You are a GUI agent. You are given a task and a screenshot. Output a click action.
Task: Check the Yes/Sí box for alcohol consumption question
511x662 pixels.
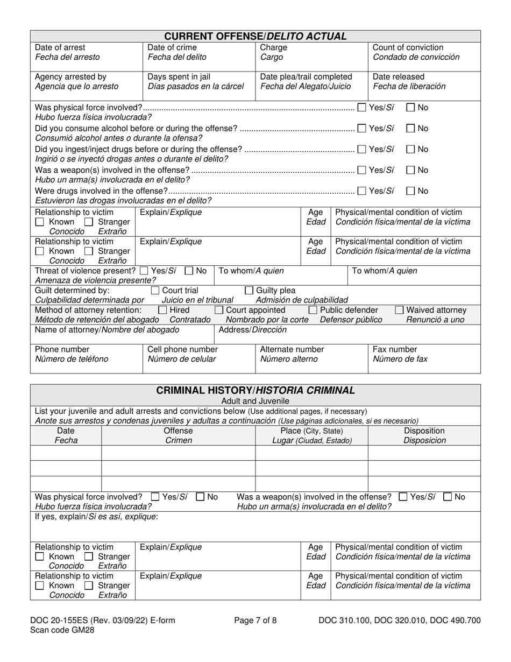click(x=362, y=129)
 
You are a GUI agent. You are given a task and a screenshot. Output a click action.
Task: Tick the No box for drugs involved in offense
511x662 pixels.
click(x=410, y=191)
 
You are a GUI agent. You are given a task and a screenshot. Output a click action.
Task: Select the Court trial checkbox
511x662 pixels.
click(x=155, y=291)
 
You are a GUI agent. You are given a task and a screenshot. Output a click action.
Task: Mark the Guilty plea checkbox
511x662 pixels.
click(x=249, y=291)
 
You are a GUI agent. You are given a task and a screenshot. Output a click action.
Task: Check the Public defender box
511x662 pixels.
click(x=313, y=310)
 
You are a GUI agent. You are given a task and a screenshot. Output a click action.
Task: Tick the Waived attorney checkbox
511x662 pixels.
click(x=399, y=310)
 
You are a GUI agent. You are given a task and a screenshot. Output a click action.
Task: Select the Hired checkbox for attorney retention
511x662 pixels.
click(x=162, y=310)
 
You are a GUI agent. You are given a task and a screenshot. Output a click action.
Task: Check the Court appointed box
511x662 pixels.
click(x=219, y=310)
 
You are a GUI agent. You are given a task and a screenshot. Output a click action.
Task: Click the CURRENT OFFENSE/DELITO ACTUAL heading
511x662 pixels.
click(x=255, y=37)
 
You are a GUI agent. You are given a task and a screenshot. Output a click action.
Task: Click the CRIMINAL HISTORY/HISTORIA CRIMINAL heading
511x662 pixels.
click(x=255, y=390)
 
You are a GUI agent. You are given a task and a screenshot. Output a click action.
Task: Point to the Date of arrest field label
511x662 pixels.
click(x=60, y=47)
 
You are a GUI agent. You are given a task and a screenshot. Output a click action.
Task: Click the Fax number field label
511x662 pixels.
click(x=395, y=349)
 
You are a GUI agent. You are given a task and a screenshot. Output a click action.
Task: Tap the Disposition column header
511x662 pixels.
click(x=424, y=431)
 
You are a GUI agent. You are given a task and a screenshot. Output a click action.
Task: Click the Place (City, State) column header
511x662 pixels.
click(x=311, y=431)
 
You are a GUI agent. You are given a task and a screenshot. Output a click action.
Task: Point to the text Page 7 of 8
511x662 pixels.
click(x=256, y=621)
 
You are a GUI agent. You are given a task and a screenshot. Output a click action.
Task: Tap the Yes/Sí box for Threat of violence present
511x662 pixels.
click(x=144, y=271)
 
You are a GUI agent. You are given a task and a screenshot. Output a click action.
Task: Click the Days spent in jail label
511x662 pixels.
click(x=179, y=76)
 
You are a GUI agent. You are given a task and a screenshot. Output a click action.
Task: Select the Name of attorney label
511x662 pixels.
click(x=100, y=330)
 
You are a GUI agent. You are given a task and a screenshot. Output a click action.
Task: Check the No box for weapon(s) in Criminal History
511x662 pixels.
click(x=448, y=497)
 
